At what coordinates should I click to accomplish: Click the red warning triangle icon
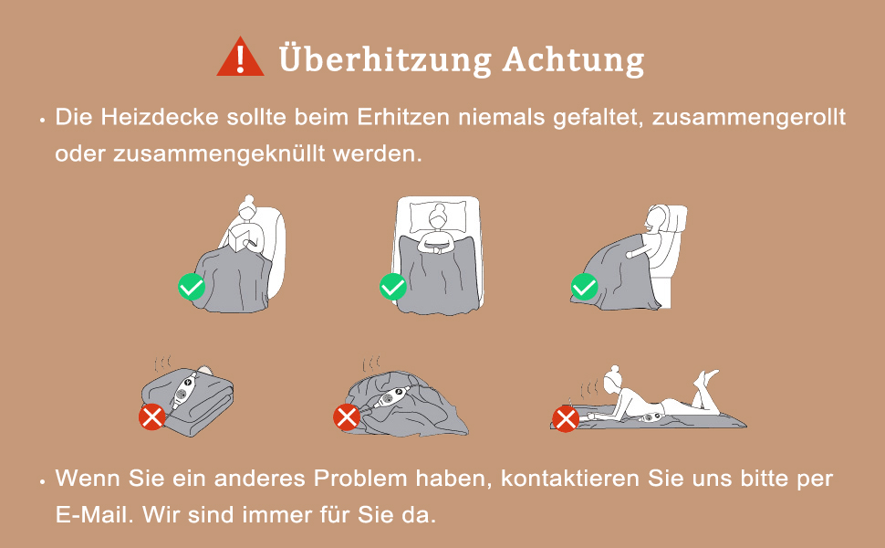[240, 57]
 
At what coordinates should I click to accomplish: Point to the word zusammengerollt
[749, 118]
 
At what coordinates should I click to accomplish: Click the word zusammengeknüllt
[220, 153]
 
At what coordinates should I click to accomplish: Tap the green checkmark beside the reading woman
[192, 287]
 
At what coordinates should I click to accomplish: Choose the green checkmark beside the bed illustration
[393, 287]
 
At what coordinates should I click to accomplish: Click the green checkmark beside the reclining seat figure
[584, 287]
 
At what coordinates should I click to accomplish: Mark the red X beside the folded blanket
[152, 417]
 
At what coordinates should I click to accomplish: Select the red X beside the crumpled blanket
[347, 417]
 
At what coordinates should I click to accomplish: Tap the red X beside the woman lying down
[566, 418]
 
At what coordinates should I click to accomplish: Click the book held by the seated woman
[241, 237]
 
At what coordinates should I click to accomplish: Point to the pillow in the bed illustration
[438, 217]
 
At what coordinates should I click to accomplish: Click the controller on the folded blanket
[184, 389]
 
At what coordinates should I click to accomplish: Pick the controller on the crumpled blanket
[390, 397]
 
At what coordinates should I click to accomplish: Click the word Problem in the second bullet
[360, 479]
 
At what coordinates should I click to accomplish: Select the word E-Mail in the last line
[94, 515]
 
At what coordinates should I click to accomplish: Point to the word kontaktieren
[570, 479]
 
